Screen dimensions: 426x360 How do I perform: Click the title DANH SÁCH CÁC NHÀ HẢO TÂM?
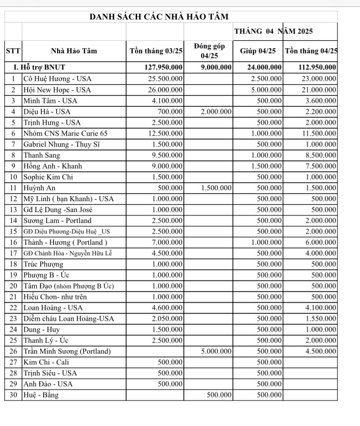(x=159, y=17)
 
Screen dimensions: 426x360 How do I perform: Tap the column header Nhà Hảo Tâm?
(x=74, y=51)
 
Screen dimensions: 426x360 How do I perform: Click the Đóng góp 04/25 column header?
(x=209, y=51)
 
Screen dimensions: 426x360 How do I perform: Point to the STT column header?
(x=13, y=51)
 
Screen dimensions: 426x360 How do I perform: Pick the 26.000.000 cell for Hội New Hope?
(x=166, y=89)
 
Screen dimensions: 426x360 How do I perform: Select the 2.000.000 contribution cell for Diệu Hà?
(x=216, y=111)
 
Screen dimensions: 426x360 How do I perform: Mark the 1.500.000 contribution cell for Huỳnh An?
(x=216, y=188)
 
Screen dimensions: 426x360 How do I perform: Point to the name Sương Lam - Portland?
(x=57, y=220)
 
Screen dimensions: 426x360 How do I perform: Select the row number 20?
(x=13, y=285)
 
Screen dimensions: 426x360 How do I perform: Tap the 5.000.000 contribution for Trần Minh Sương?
(x=216, y=351)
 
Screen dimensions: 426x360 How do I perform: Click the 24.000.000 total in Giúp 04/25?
(x=265, y=68)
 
